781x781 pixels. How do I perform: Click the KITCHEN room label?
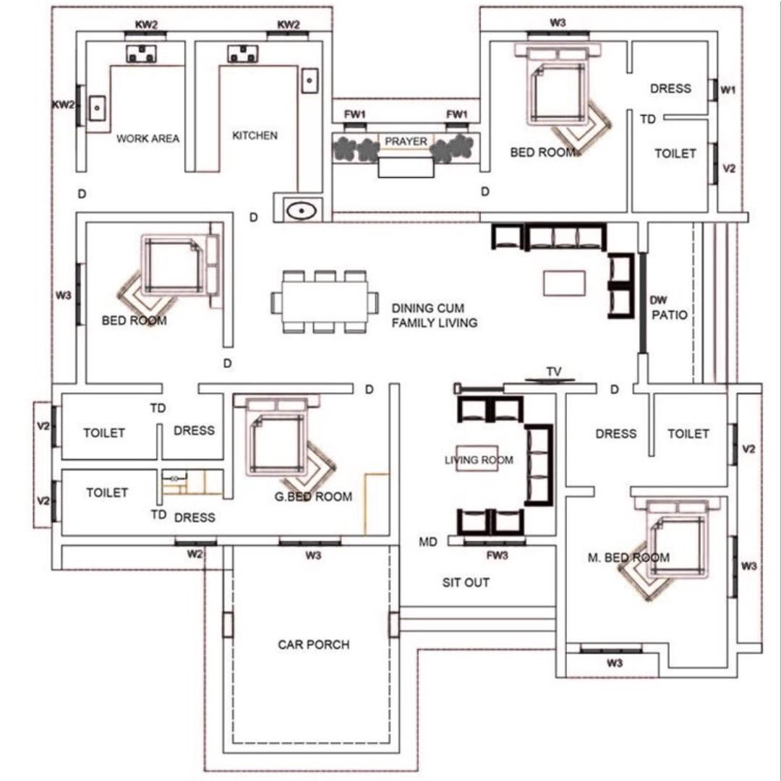pyautogui.click(x=255, y=135)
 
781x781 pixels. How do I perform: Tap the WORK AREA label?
pyautogui.click(x=148, y=138)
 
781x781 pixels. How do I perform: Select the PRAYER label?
pyautogui.click(x=406, y=142)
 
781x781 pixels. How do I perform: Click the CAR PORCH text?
pyautogui.click(x=314, y=644)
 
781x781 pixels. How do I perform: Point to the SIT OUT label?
pyautogui.click(x=466, y=582)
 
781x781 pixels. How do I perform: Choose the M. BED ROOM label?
pyautogui.click(x=628, y=558)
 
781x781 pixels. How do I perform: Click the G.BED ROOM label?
pyautogui.click(x=313, y=497)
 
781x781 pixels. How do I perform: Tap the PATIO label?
pyautogui.click(x=670, y=315)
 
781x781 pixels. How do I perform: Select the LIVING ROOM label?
pyautogui.click(x=479, y=460)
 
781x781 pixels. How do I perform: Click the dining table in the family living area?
pyautogui.click(x=325, y=302)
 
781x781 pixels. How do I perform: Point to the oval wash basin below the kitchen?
pyautogui.click(x=302, y=210)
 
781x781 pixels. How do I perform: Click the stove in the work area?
pyautogui.click(x=142, y=54)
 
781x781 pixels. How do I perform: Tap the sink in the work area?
pyautogui.click(x=97, y=108)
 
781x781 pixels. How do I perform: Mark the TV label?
pyautogui.click(x=554, y=372)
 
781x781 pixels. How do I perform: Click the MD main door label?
pyautogui.click(x=428, y=542)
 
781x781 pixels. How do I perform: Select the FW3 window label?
pyautogui.click(x=497, y=555)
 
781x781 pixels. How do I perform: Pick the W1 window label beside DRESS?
pyautogui.click(x=728, y=90)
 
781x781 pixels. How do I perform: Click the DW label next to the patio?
pyautogui.click(x=659, y=300)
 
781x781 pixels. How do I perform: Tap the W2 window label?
pyautogui.click(x=195, y=554)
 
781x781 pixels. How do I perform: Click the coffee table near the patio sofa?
pyautogui.click(x=564, y=283)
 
